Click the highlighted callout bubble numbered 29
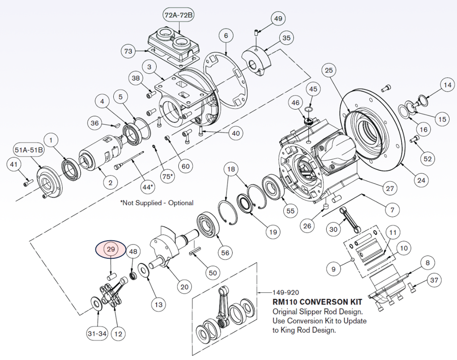[111, 249]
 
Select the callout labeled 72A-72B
[179, 15]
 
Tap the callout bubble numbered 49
[278, 19]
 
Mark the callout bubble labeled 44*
[147, 187]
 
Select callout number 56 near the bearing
[225, 253]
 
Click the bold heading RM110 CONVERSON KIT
[317, 302]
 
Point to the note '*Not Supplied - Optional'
[157, 203]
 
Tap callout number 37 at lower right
[434, 280]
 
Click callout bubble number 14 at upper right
[446, 85]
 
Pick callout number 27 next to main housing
[390, 187]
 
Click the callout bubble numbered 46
[295, 104]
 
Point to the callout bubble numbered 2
[111, 183]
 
